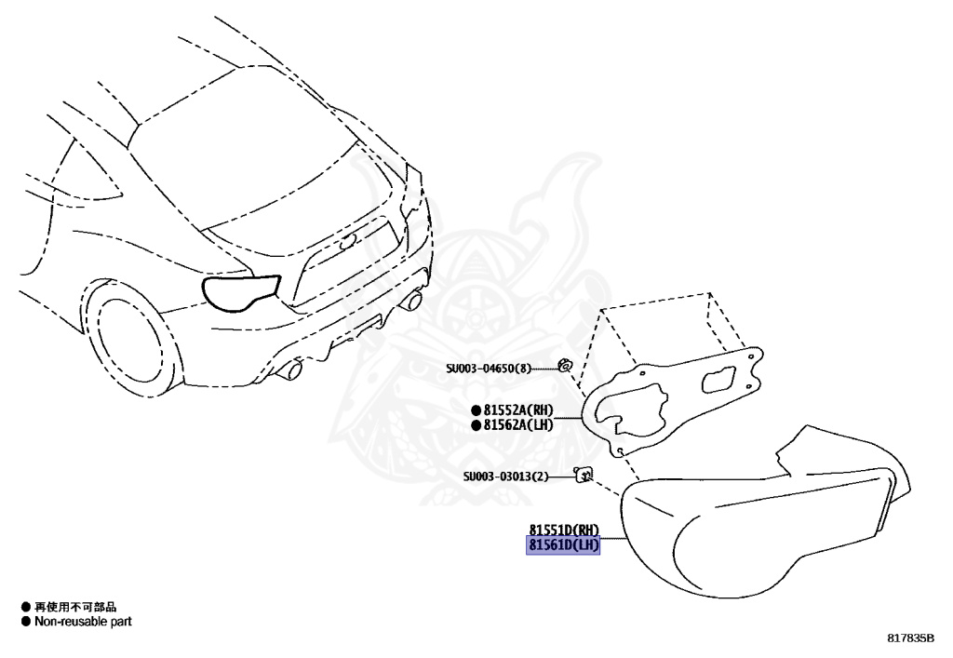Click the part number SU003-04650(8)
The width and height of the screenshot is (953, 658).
489,368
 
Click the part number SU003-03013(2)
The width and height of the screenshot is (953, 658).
506,477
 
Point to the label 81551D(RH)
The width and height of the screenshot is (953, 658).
563,529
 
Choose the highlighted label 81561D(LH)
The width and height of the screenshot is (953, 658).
563,544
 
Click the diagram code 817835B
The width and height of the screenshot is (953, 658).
910,638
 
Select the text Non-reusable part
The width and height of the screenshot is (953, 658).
83,622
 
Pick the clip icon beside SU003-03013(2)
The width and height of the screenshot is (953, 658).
584,475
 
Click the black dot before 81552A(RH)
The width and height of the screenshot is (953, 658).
476,410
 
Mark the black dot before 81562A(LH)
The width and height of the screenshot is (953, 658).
476,425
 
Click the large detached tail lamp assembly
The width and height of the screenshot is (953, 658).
763,521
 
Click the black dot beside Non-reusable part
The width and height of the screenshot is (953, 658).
25,622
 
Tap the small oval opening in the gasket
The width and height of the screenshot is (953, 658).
719,383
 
